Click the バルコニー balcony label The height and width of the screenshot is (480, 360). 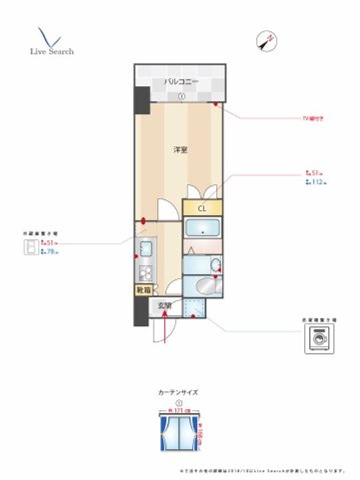pos(181,81)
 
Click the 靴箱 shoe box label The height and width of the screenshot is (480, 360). pos(143,290)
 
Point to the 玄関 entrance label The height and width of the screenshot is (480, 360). pos(165,306)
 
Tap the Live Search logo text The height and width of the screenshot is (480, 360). pos(51,51)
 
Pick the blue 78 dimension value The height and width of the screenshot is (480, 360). pos(49,252)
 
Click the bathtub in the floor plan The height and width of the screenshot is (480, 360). pos(202,230)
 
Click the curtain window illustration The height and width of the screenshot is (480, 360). pos(178,431)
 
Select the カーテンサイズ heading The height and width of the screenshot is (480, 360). pos(178,392)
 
